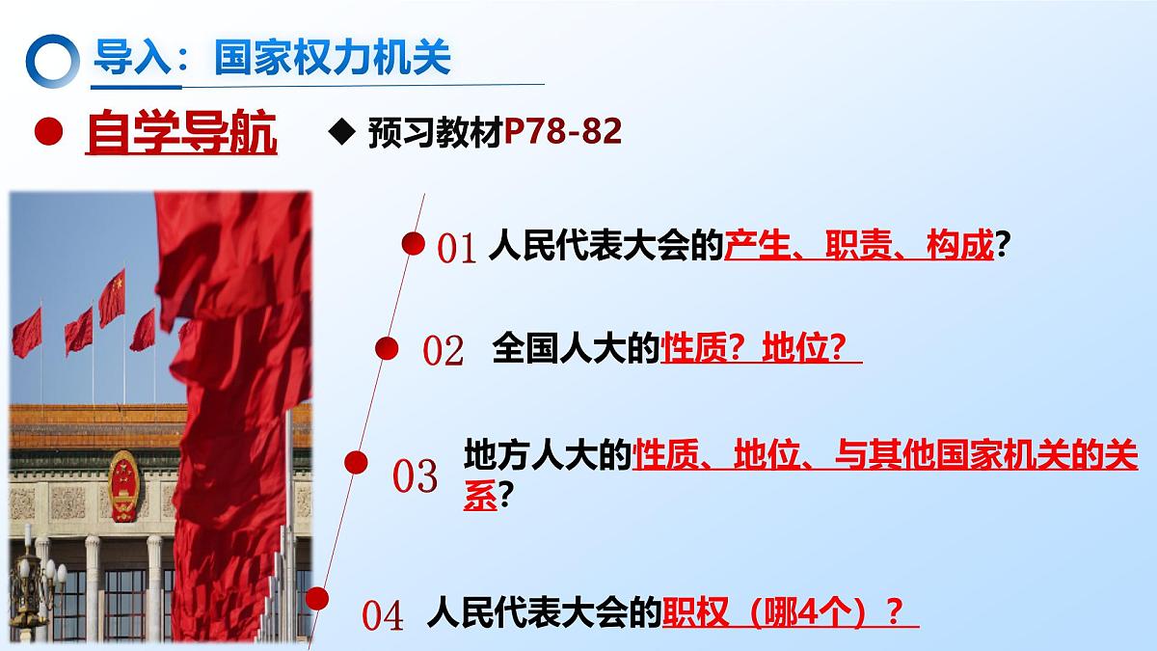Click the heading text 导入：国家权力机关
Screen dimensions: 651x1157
click(x=271, y=58)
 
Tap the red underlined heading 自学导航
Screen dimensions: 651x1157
click(x=181, y=134)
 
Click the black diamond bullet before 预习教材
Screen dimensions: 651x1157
click(x=338, y=133)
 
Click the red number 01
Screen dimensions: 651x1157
click(x=457, y=250)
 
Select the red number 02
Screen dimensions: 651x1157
click(x=444, y=351)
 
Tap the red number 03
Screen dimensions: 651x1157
click(x=416, y=476)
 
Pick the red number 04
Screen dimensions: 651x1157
click(x=383, y=616)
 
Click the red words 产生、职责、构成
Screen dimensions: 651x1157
click(x=858, y=247)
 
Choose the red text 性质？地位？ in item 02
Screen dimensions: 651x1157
click(x=760, y=348)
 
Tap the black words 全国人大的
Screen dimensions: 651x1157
click(x=576, y=348)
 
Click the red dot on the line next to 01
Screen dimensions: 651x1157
click(x=414, y=244)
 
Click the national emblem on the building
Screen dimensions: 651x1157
click(x=122, y=485)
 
